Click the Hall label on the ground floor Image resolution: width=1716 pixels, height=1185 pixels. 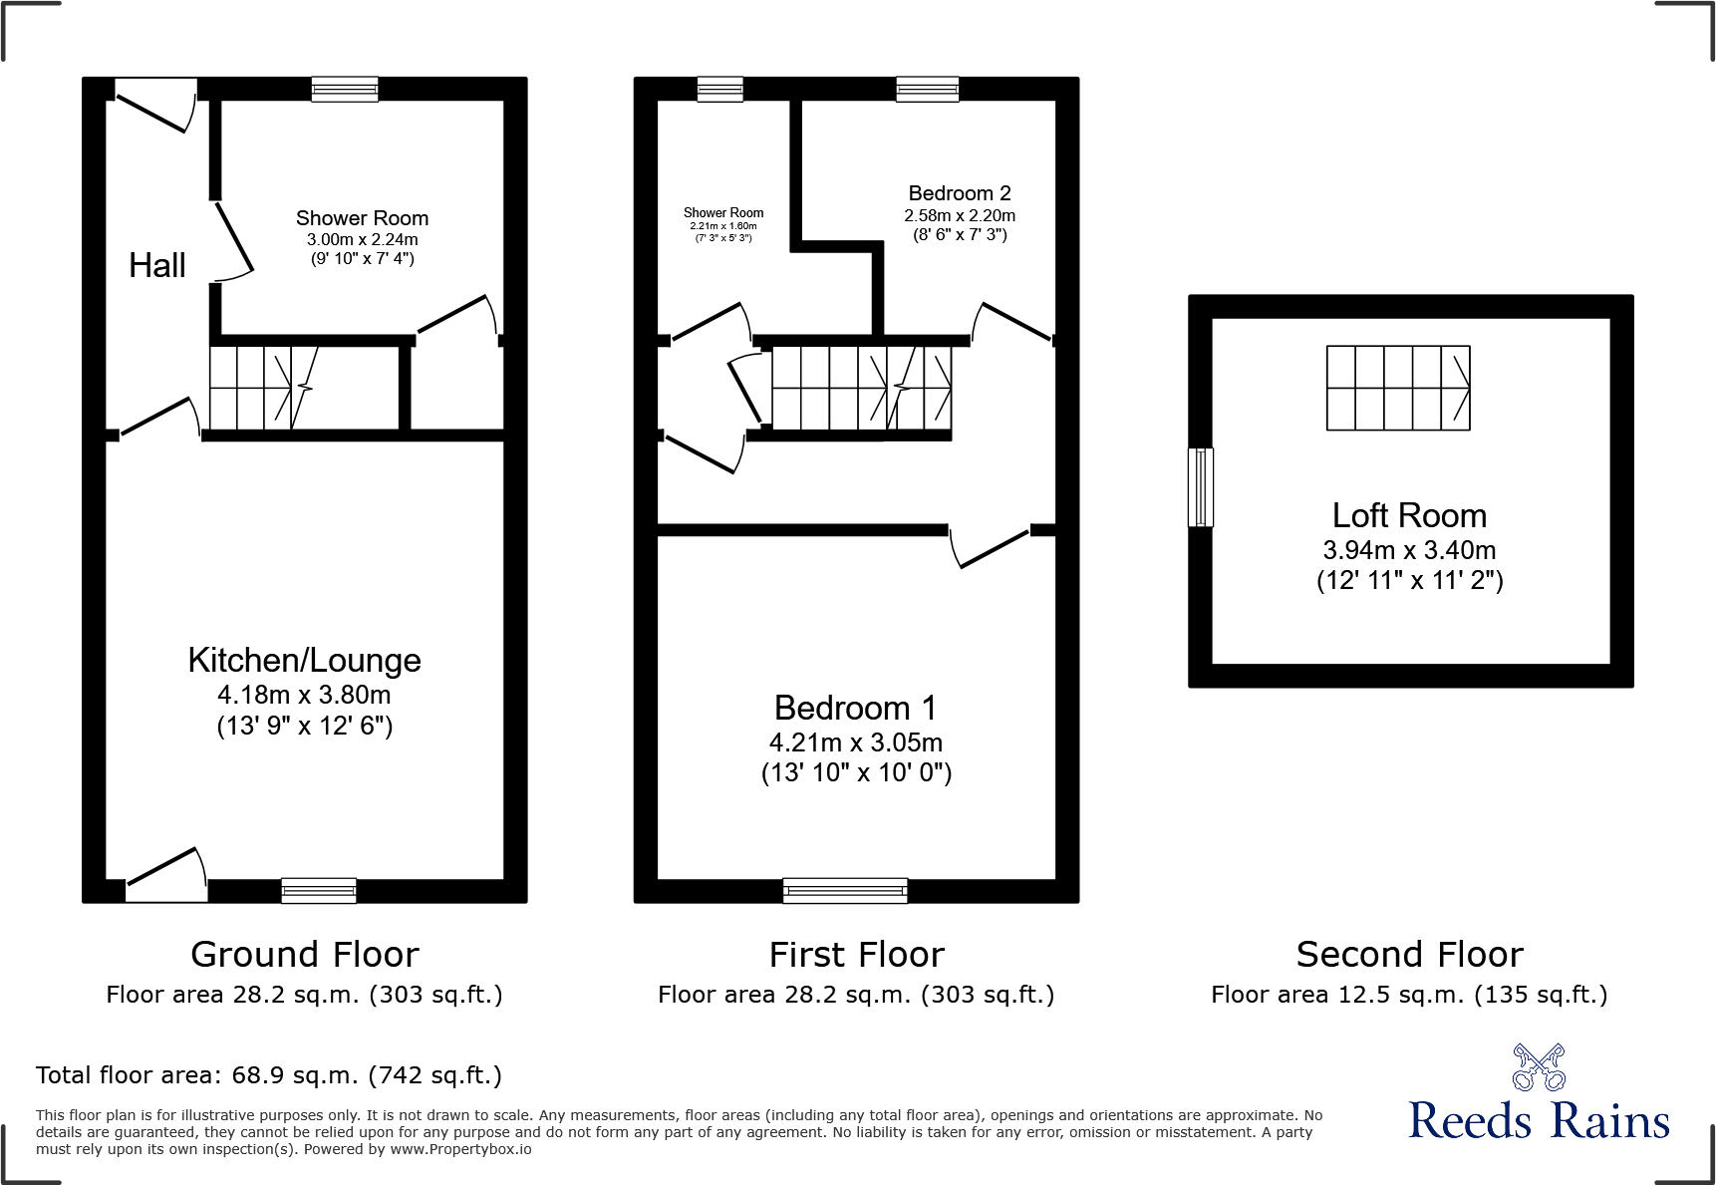click(x=157, y=266)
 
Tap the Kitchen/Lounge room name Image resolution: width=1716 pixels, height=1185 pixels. click(x=304, y=660)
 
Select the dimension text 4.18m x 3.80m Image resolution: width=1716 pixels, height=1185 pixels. click(x=304, y=695)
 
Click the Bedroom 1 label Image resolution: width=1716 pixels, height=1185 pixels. click(x=855, y=708)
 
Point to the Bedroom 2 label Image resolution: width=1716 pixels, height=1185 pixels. click(x=959, y=193)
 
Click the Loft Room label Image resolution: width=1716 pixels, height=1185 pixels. click(x=1409, y=515)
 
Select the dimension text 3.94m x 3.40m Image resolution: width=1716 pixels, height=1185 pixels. click(x=1409, y=550)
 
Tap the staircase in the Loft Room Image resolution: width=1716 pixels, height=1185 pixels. click(x=1397, y=388)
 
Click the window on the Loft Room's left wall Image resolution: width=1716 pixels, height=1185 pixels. click(x=1201, y=487)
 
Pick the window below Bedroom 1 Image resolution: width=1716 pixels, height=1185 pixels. click(x=845, y=890)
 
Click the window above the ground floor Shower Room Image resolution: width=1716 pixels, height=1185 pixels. click(x=345, y=90)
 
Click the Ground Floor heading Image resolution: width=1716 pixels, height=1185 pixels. click(x=304, y=955)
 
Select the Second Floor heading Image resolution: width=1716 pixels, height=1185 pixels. click(x=1409, y=955)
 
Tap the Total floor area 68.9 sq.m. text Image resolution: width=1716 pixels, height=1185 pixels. click(x=269, y=1075)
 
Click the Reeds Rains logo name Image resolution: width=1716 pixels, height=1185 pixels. click(x=1538, y=1120)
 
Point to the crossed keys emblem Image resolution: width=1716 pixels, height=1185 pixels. click(x=1538, y=1067)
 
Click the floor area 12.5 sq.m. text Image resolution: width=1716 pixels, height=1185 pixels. click(x=1409, y=995)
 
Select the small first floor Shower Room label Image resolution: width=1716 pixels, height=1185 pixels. click(x=723, y=212)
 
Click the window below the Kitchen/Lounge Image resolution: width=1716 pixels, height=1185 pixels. click(x=319, y=890)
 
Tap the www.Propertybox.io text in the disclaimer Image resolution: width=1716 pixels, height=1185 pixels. click(x=460, y=1149)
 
